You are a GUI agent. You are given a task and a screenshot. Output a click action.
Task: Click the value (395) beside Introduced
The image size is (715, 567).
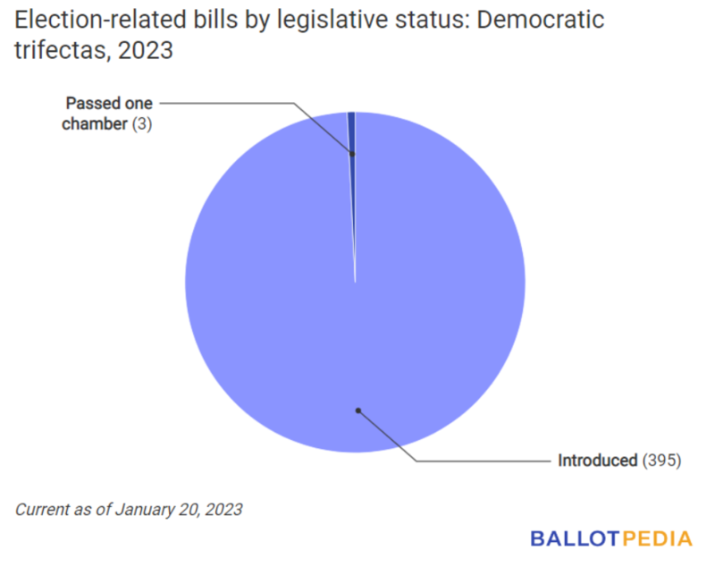point(661,461)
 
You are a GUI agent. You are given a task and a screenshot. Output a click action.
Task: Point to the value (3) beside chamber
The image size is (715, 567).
point(142,124)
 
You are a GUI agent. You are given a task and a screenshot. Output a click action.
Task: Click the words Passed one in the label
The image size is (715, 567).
point(108,104)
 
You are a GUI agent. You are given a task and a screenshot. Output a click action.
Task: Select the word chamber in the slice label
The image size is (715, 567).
point(95,124)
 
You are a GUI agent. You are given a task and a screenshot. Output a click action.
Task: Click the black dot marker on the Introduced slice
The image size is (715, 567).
point(357,410)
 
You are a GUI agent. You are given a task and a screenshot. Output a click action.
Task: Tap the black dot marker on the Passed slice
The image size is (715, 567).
point(352,154)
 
